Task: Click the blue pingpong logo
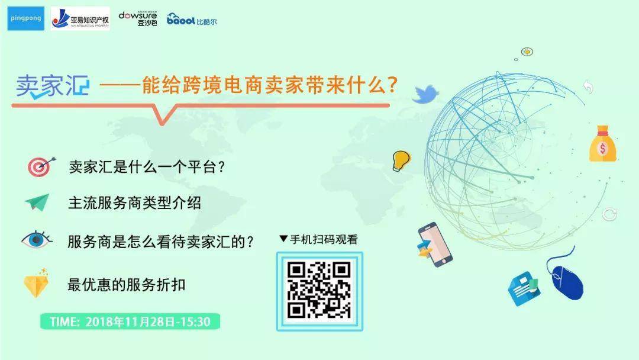[x=25, y=18]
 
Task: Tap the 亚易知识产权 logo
[x=80, y=18]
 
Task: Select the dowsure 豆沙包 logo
[x=138, y=19]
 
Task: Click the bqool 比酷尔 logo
[x=192, y=19]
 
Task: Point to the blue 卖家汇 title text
[x=52, y=86]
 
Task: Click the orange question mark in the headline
[x=392, y=85]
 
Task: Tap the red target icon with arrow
[x=41, y=166]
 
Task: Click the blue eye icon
[x=37, y=240]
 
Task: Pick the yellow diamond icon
[x=36, y=283]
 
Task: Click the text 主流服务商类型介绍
[x=134, y=202]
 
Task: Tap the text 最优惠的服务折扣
[x=127, y=285]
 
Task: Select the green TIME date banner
[x=130, y=322]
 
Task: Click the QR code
[x=319, y=291]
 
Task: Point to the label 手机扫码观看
[x=324, y=239]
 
